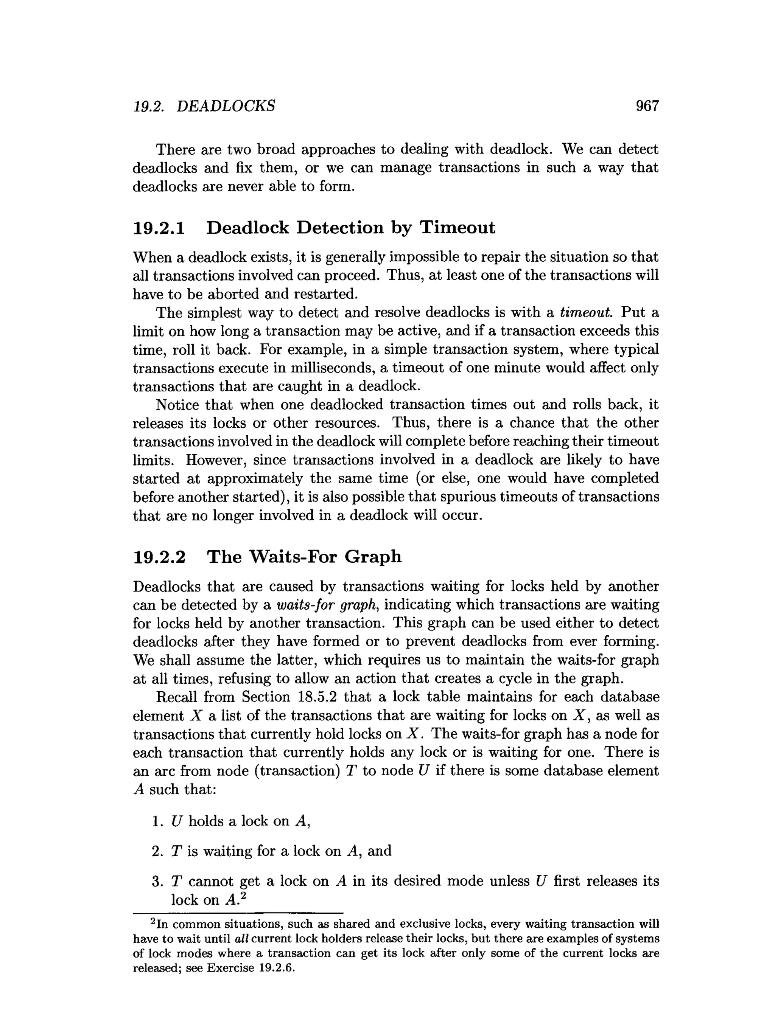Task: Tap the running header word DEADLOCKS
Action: (x=226, y=106)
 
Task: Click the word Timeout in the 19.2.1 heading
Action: (x=457, y=228)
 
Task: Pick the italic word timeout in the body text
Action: (x=586, y=313)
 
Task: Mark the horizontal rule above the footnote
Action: (x=238, y=913)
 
